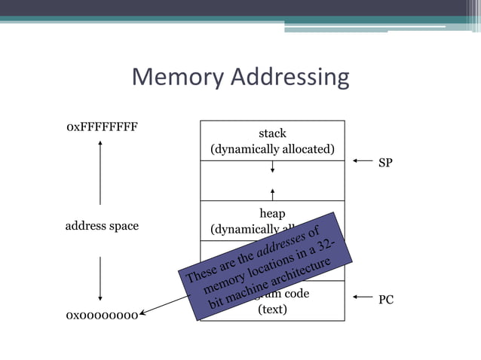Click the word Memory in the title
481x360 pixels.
pyautogui.click(x=178, y=77)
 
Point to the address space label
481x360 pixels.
pyautogui.click(x=102, y=226)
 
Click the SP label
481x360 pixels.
pyautogui.click(x=385, y=163)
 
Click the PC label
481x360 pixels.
pyautogui.click(x=385, y=300)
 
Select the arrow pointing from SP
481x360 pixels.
pyautogui.click(x=363, y=161)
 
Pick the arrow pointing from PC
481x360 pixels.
pyautogui.click(x=363, y=298)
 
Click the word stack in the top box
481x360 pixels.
pyautogui.click(x=272, y=133)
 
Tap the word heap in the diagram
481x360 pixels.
pyautogui.click(x=272, y=214)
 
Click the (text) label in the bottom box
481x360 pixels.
pyautogui.click(x=272, y=309)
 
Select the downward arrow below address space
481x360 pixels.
pyautogui.click(x=100, y=279)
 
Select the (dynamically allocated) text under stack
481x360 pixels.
pyautogui.click(x=272, y=149)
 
